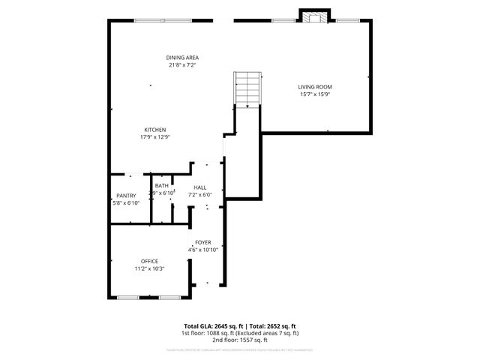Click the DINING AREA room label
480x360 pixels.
pyautogui.click(x=182, y=58)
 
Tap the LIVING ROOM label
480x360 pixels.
pyautogui.click(x=315, y=87)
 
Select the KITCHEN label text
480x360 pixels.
pyautogui.click(x=155, y=130)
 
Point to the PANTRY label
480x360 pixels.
pyautogui.click(x=126, y=196)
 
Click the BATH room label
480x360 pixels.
pyautogui.click(x=162, y=186)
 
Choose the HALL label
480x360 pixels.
pyautogui.click(x=200, y=187)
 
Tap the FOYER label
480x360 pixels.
pyautogui.click(x=202, y=242)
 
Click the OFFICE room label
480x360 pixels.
pyautogui.click(x=149, y=261)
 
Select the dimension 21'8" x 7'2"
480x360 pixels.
pyautogui.click(x=182, y=65)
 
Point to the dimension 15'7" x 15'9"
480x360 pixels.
pyautogui.click(x=315, y=94)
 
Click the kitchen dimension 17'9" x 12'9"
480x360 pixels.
pyautogui.click(x=155, y=137)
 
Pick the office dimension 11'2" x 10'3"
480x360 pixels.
pyautogui.click(x=149, y=268)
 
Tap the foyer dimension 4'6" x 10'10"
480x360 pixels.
pyautogui.click(x=203, y=250)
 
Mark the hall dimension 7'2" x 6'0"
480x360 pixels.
pyautogui.click(x=200, y=195)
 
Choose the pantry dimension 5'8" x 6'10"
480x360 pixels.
pyautogui.click(x=126, y=202)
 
